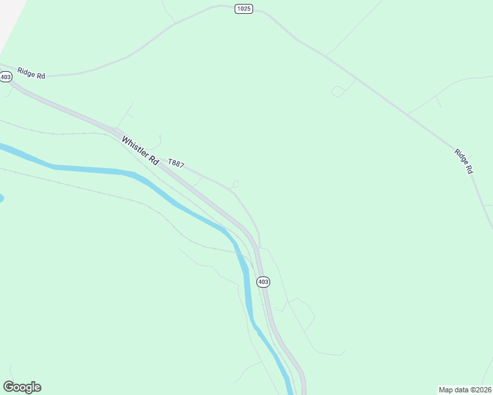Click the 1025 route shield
tap(243, 9)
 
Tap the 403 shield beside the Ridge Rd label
tap(6, 77)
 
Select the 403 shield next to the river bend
tap(263, 282)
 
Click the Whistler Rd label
tap(140, 151)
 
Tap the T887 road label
tap(176, 163)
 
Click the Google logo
tap(22, 387)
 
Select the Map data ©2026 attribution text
tap(465, 390)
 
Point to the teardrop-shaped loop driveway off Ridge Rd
tap(337, 92)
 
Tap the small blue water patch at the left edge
tap(1, 197)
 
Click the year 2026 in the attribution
tap(483, 390)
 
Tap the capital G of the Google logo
tap(8, 387)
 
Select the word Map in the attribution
tap(446, 390)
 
